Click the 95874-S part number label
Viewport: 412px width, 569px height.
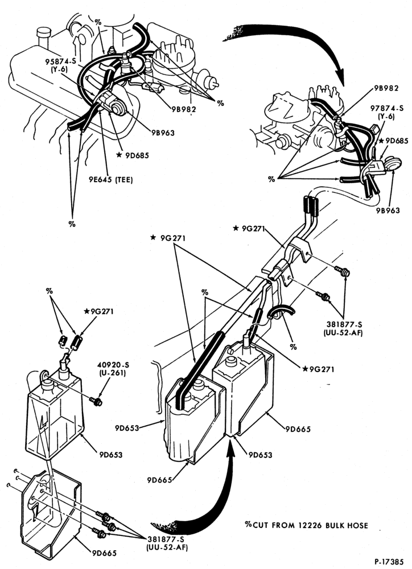click(60, 61)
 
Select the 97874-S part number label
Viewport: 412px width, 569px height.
click(386, 109)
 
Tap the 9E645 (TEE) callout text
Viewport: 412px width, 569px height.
click(110, 179)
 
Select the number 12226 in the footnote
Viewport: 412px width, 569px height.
click(309, 525)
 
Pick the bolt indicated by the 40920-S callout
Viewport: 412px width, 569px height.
click(96, 401)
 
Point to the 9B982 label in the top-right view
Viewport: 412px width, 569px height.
click(386, 88)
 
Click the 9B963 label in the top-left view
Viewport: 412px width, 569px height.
click(163, 133)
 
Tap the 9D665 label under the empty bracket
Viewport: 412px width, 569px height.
click(104, 553)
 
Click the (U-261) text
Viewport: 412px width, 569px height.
click(111, 373)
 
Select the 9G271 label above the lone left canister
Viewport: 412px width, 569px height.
click(98, 311)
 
